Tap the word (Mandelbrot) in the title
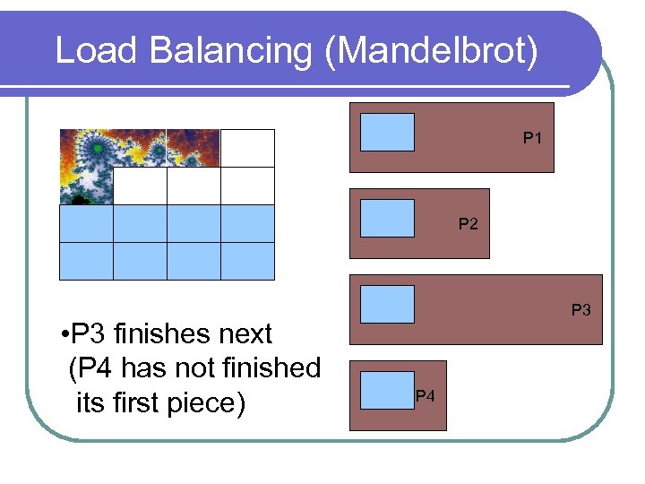point(432,51)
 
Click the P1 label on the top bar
point(533,139)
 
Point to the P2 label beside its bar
point(468,224)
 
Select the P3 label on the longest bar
point(581,311)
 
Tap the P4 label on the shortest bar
point(426,396)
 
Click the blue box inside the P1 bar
point(387,132)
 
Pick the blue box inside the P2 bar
point(387,218)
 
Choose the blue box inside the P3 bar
point(387,304)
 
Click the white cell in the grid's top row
point(247,148)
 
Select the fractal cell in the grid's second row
point(86,186)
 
